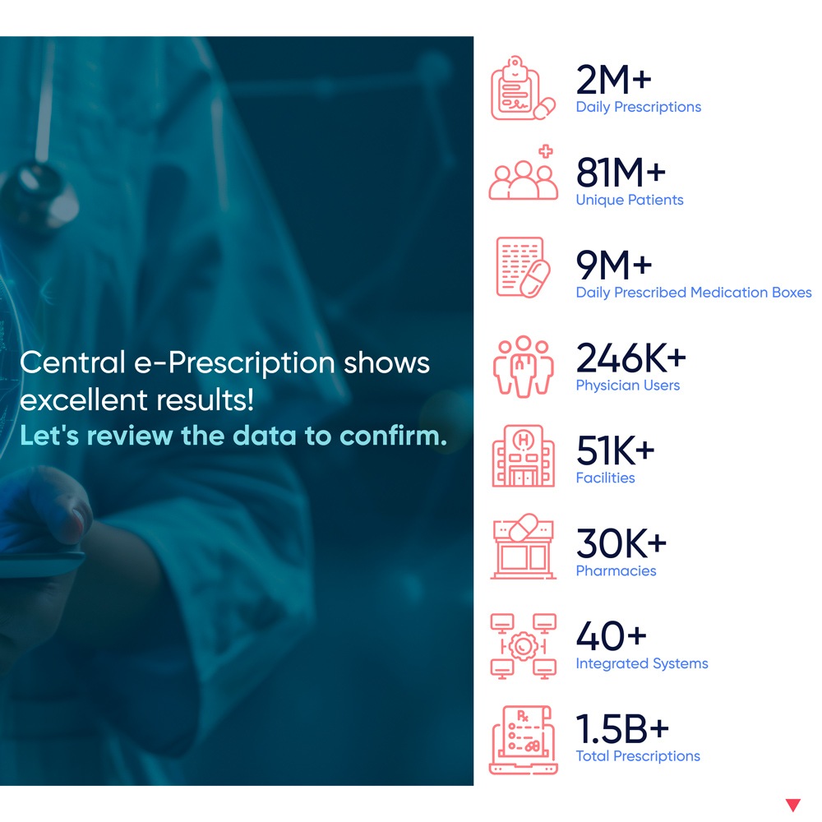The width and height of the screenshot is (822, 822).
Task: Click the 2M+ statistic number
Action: pos(613,81)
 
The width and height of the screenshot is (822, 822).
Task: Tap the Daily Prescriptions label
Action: pos(639,107)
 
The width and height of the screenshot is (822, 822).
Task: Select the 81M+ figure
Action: pos(621,173)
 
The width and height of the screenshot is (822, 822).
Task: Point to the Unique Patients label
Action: pos(630,200)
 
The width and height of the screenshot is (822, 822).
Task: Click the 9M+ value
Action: pos(614,266)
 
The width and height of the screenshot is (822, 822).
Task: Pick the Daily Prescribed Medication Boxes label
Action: pos(694,293)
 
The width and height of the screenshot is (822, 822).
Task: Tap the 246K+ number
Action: pos(630,358)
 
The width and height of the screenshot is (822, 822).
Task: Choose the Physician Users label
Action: pos(627,386)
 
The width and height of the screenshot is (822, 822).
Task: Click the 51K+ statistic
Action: pos(616,450)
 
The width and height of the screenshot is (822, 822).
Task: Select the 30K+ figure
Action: pos(621,543)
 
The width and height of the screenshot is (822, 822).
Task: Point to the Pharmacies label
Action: pos(616,571)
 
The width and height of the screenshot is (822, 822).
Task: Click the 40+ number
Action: pos(612,636)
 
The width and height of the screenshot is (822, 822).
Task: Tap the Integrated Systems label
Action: pos(642,663)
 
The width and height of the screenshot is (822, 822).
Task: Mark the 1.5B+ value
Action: pos(622,729)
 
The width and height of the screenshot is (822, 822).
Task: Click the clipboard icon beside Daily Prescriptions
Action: pos(523,88)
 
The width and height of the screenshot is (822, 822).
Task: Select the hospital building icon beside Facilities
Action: pos(523,456)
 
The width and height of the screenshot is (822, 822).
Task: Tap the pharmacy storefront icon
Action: pos(523,547)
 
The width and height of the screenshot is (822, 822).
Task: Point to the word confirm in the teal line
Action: pos(393,436)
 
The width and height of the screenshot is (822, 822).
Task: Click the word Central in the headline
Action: pos(73,363)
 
